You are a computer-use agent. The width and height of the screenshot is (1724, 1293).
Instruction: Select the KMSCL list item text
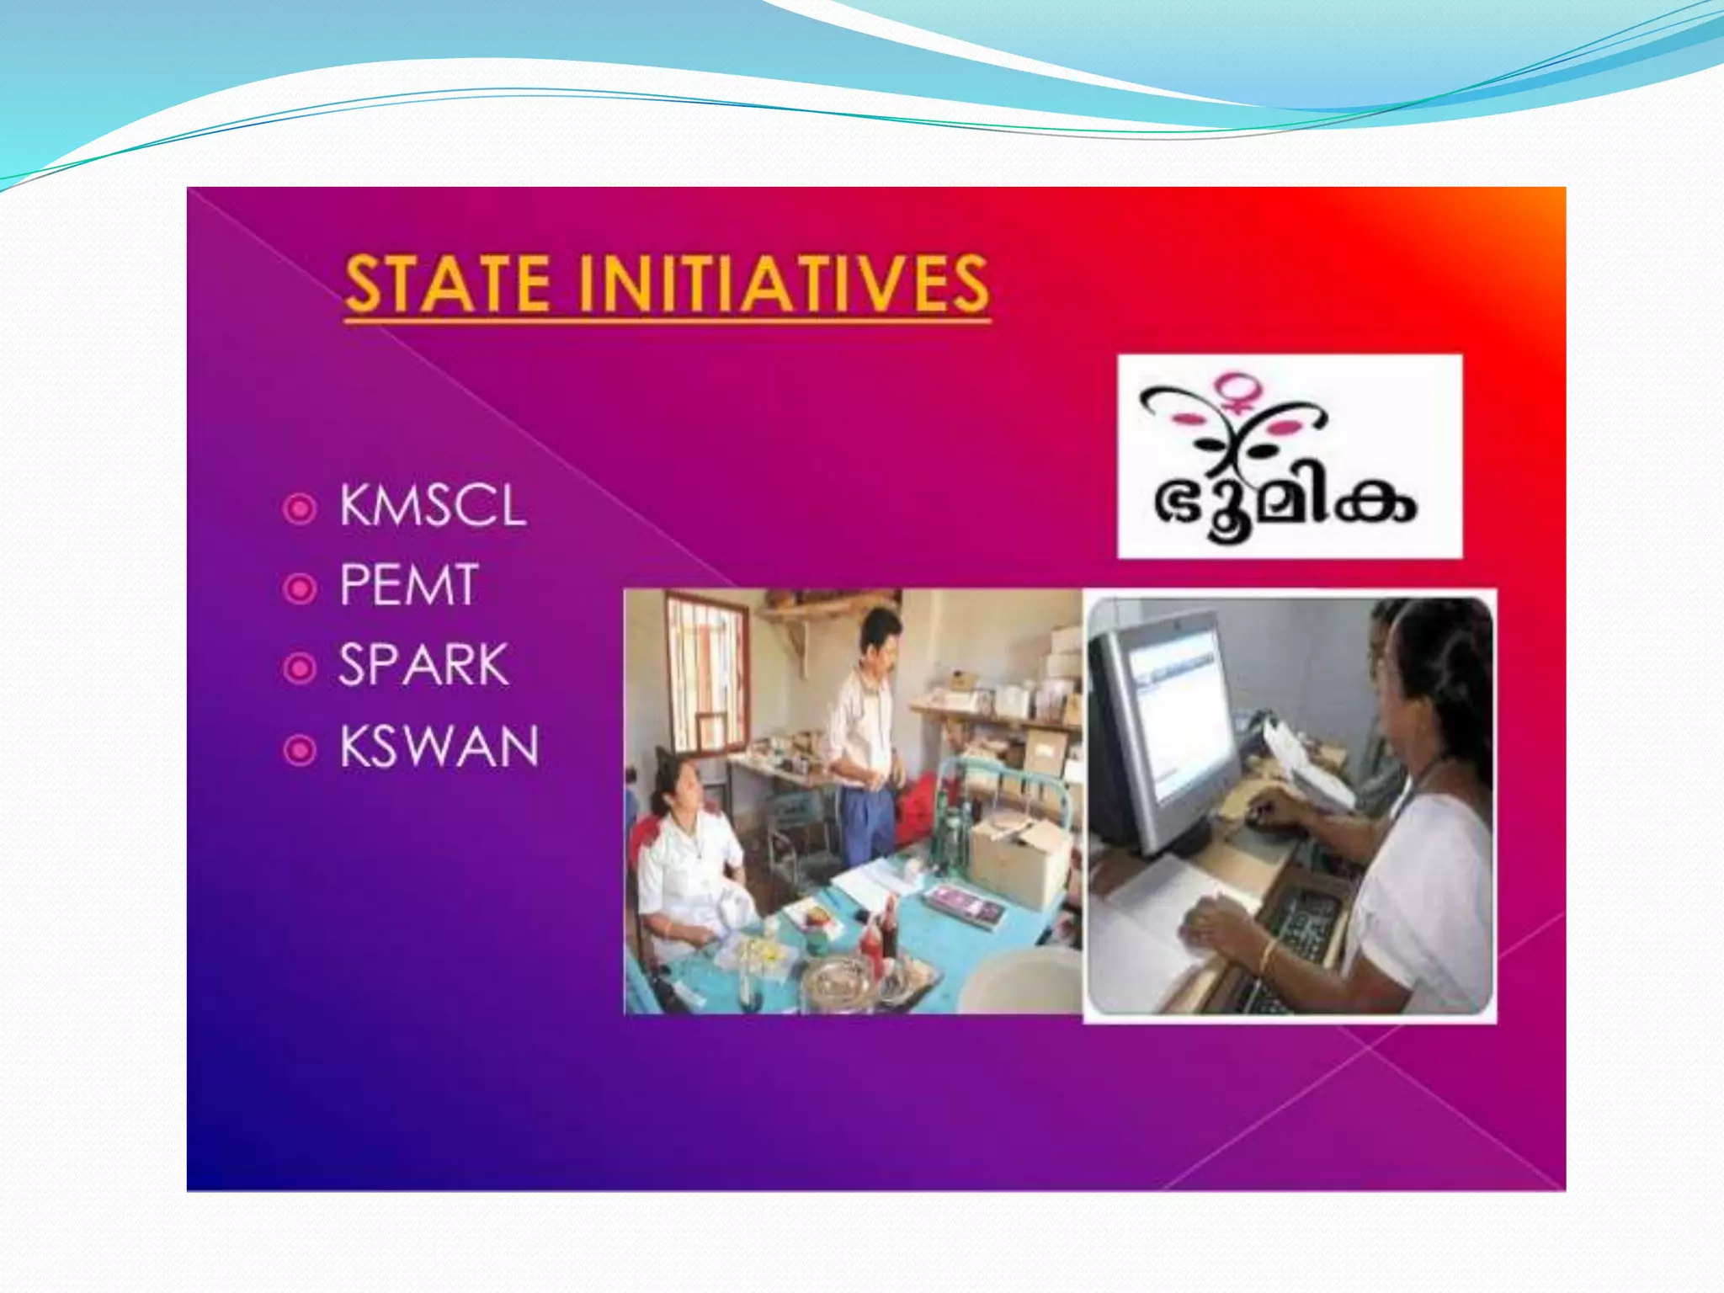(x=433, y=507)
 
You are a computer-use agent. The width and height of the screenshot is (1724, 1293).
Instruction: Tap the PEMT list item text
(x=409, y=585)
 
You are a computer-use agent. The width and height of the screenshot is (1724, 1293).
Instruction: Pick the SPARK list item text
(x=423, y=665)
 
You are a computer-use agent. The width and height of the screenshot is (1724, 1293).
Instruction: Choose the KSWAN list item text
(x=439, y=746)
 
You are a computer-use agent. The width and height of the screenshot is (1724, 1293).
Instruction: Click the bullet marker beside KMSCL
(x=300, y=508)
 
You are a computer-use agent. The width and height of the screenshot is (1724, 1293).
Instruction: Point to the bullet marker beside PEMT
(x=300, y=588)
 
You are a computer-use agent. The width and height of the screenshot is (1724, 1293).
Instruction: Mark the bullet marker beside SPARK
(x=300, y=668)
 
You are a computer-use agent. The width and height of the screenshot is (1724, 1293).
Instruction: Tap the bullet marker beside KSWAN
(x=300, y=749)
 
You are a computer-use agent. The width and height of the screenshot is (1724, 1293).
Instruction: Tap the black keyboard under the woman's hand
(x=1296, y=934)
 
